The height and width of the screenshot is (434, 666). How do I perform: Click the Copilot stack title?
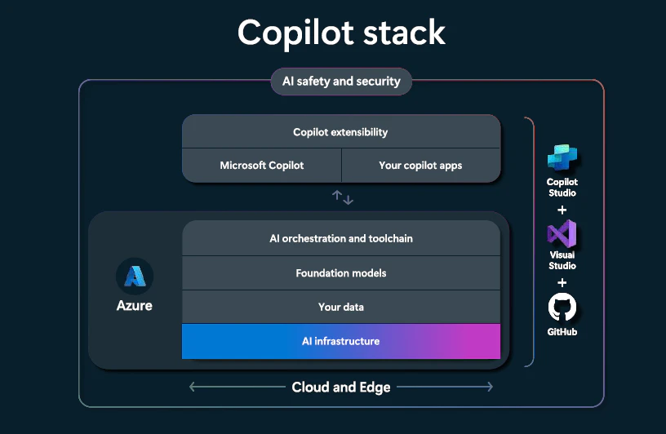pyautogui.click(x=341, y=33)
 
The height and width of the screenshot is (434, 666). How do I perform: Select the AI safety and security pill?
pyautogui.click(x=341, y=81)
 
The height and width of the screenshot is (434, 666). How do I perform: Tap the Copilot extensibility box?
pyautogui.click(x=341, y=131)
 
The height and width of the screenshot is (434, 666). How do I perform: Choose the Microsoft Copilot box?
pyautogui.click(x=262, y=165)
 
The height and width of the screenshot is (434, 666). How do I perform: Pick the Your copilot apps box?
pyautogui.click(x=421, y=165)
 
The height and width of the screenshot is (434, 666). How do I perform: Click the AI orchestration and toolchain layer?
pyautogui.click(x=341, y=238)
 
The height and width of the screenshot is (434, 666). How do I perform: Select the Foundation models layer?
pyautogui.click(x=341, y=273)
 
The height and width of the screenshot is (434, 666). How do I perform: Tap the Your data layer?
pyautogui.click(x=341, y=307)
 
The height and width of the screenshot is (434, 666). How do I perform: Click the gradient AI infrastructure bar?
pyautogui.click(x=341, y=342)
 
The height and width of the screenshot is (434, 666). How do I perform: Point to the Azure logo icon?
pyautogui.click(x=135, y=277)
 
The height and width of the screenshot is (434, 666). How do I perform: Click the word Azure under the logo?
pyautogui.click(x=134, y=305)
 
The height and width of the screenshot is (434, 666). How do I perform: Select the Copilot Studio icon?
pyautogui.click(x=562, y=157)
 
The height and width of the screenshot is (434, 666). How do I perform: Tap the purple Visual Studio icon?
pyautogui.click(x=562, y=233)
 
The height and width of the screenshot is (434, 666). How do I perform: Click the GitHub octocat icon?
pyautogui.click(x=562, y=307)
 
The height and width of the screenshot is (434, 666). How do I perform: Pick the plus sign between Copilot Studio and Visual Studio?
pyautogui.click(x=562, y=210)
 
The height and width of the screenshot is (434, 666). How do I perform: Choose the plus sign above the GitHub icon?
pyautogui.click(x=562, y=282)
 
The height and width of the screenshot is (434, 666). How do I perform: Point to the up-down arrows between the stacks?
pyautogui.click(x=342, y=197)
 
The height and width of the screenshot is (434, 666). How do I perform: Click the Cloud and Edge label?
pyautogui.click(x=341, y=387)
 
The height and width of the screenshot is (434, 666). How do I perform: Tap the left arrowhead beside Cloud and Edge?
pyautogui.click(x=192, y=387)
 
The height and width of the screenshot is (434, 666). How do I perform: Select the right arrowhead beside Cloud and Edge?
pyautogui.click(x=491, y=387)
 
